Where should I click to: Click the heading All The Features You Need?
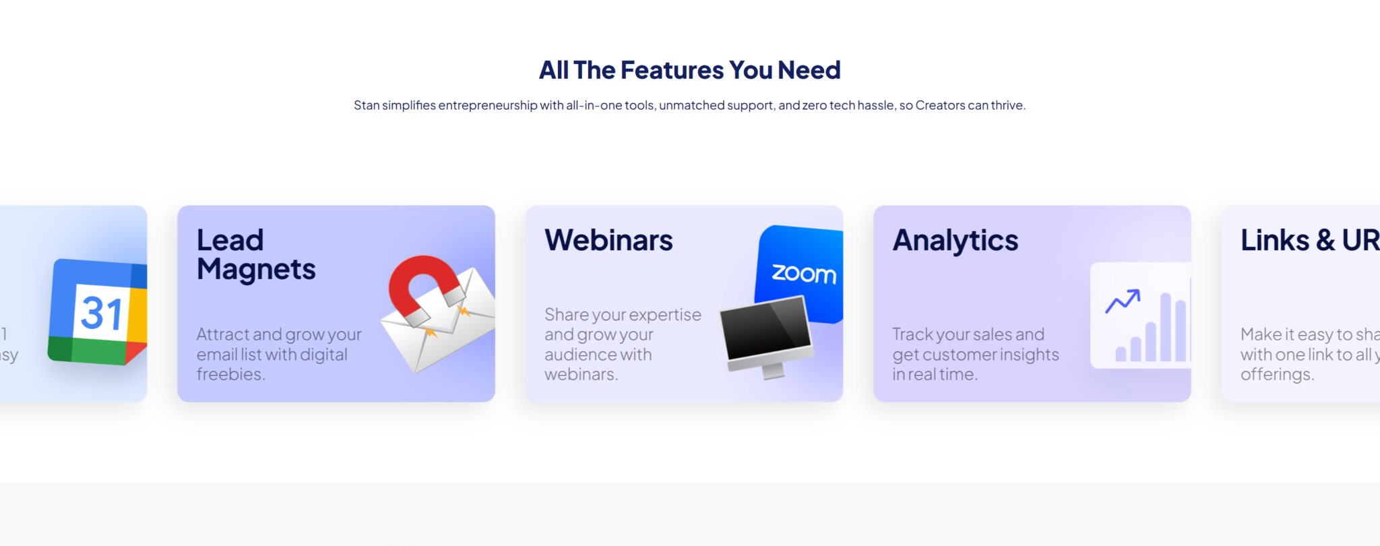click(x=689, y=70)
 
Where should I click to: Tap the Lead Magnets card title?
click(x=256, y=255)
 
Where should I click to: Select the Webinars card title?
click(x=608, y=241)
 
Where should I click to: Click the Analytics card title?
click(x=955, y=241)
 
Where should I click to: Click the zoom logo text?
click(x=803, y=274)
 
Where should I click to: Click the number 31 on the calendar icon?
click(x=102, y=313)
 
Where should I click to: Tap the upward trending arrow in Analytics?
click(x=1123, y=301)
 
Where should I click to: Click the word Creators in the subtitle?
click(x=940, y=105)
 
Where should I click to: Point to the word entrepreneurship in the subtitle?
click(x=487, y=105)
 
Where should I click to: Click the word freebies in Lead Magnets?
click(x=229, y=374)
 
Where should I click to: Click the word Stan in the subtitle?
click(x=367, y=105)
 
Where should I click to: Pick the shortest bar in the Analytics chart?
click(x=1121, y=354)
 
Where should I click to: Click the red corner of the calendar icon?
click(x=135, y=353)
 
